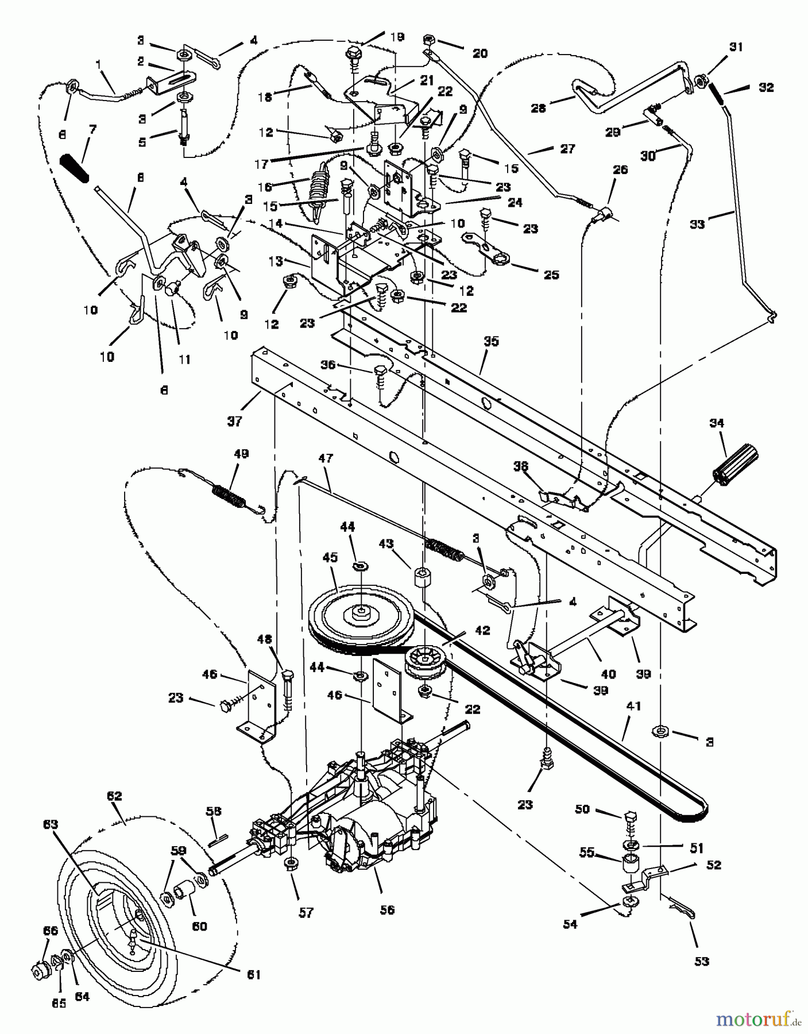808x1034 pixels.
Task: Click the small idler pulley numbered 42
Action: tap(426, 663)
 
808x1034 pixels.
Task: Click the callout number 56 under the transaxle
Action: tap(387, 909)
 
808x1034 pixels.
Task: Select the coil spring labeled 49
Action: tap(230, 495)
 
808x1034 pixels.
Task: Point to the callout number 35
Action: tap(491, 341)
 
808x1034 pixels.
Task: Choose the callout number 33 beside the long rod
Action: tap(697, 224)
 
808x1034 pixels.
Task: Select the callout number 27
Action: tap(567, 148)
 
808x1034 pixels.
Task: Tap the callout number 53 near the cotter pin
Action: tap(702, 960)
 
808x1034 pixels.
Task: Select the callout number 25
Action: tap(551, 275)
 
